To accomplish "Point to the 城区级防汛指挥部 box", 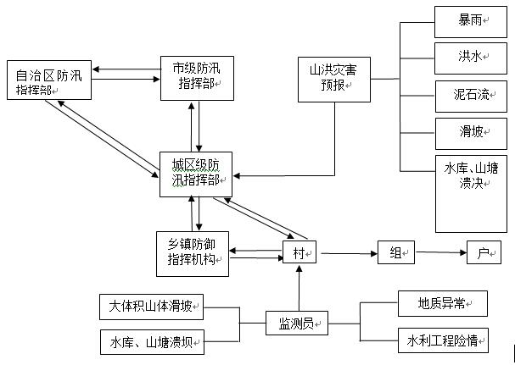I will point(196,174).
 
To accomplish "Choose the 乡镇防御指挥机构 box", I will point(193,253).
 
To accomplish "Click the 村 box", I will point(299,252).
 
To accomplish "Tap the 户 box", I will point(484,252).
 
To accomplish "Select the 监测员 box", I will point(296,323).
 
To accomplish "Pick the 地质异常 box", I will point(442,303).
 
